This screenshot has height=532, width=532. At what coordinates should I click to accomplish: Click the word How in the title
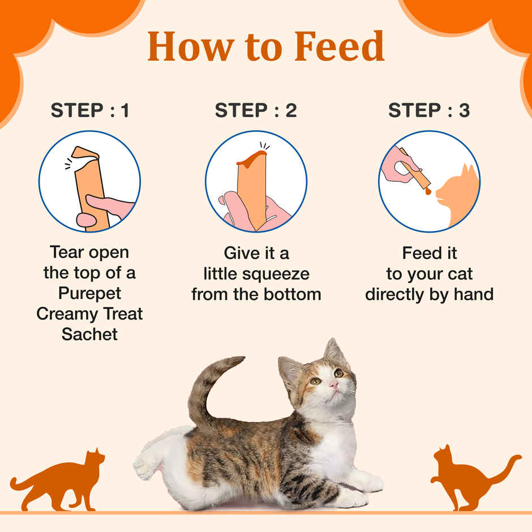click(186, 47)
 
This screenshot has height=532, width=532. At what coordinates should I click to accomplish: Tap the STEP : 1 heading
click(90, 111)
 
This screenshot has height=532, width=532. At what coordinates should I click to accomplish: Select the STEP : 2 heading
click(256, 111)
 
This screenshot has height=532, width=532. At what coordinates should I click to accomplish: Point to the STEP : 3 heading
click(429, 111)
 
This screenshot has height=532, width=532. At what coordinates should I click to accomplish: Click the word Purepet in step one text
click(90, 293)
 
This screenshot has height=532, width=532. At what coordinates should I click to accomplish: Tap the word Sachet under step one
click(90, 334)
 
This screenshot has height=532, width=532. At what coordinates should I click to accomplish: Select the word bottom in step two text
click(295, 294)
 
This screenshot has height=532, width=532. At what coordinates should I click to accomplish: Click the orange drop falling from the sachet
click(428, 192)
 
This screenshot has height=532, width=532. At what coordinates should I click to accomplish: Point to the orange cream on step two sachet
click(251, 158)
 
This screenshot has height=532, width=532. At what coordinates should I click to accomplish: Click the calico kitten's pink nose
click(334, 385)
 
